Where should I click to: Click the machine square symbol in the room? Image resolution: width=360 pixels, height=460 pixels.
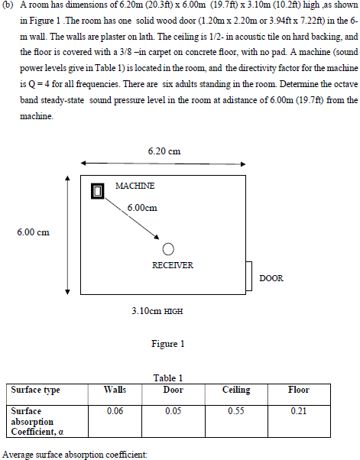click(x=97, y=191)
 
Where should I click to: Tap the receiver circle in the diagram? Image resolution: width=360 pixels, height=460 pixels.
click(x=169, y=249)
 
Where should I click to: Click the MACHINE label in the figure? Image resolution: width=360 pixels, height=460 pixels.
click(x=135, y=186)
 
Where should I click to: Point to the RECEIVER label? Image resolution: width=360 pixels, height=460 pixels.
click(x=173, y=265)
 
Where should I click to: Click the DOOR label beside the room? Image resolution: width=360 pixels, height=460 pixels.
click(x=271, y=278)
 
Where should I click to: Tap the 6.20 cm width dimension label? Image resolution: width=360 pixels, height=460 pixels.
click(x=164, y=151)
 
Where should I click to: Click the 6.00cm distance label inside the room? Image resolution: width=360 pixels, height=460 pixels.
click(x=141, y=207)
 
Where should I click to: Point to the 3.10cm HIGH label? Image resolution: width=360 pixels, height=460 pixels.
click(x=157, y=312)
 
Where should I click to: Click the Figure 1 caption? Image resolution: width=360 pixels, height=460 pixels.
click(x=167, y=344)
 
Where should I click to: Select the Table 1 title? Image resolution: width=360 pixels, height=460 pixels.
click(x=167, y=377)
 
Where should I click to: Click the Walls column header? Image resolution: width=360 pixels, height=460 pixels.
click(x=114, y=390)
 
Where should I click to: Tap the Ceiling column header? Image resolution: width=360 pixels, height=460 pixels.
click(x=236, y=390)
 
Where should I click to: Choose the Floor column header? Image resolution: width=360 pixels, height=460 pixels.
click(x=298, y=390)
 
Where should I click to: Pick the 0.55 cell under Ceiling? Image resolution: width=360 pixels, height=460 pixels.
click(x=236, y=410)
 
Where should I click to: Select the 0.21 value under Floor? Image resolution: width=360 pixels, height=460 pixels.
click(x=298, y=410)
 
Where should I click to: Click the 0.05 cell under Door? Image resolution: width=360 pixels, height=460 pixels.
click(x=174, y=410)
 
